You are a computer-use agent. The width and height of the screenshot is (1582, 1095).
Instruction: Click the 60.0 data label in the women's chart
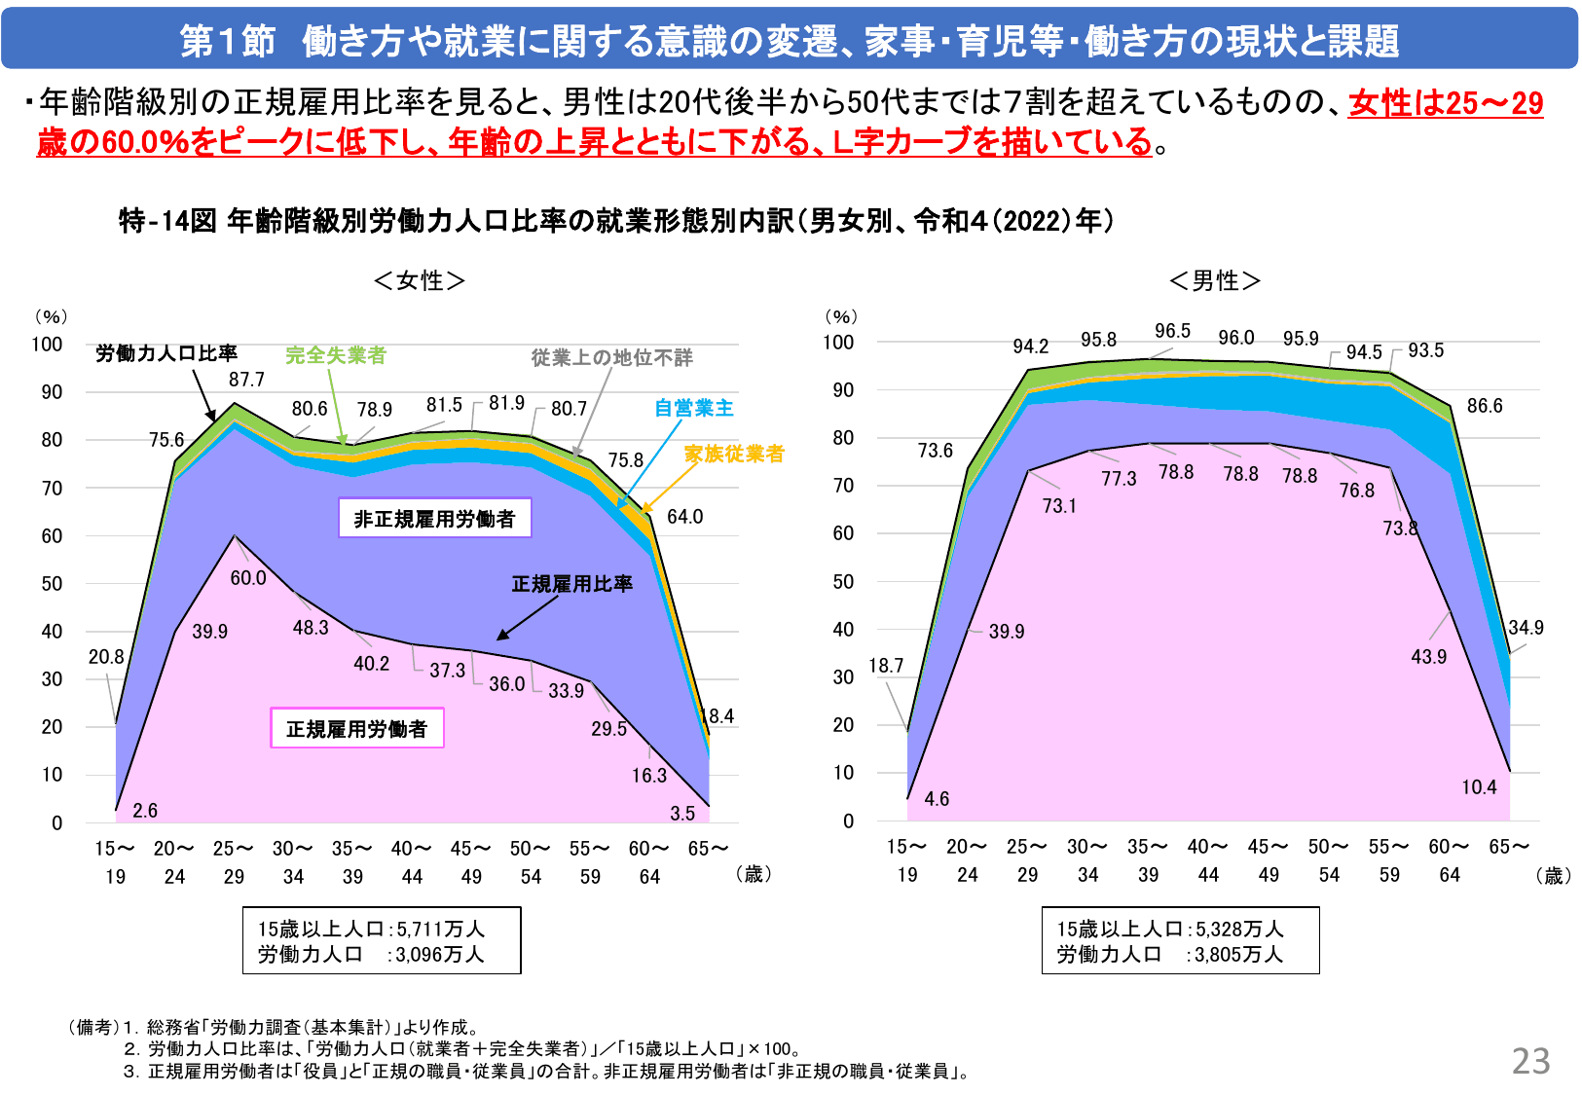point(248,578)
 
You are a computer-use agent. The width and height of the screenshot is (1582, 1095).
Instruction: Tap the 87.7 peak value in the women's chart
point(246,380)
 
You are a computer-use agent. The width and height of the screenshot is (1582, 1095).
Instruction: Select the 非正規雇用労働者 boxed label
point(434,519)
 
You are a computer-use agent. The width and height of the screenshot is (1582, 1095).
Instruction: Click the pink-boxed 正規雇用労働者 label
point(356,729)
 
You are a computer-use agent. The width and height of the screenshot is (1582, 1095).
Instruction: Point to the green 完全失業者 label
point(335,355)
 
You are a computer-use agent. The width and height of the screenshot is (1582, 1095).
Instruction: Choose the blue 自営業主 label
point(693,408)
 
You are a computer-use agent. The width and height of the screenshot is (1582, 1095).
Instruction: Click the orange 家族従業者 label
point(733,454)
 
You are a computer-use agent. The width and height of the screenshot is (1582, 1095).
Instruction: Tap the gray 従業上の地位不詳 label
point(611,357)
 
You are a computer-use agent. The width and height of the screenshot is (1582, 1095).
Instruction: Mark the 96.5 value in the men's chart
point(1172,331)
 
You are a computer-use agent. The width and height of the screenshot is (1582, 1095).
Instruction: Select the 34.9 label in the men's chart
point(1526,628)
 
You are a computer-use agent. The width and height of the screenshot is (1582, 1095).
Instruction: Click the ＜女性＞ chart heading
point(420,280)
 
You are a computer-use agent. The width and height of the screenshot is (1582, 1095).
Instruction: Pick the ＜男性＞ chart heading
point(1215,280)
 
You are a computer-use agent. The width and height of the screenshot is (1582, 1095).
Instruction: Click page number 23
point(1530,1061)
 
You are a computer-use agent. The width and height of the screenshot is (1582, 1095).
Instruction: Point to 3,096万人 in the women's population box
point(439,955)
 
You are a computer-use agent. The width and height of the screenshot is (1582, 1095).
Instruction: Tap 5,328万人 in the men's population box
point(1239,930)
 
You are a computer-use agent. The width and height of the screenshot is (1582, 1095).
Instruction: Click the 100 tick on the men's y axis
point(838,343)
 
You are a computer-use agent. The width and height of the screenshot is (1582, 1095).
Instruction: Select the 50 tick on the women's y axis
point(52,584)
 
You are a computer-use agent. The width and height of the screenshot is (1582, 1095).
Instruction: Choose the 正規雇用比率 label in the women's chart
point(571,584)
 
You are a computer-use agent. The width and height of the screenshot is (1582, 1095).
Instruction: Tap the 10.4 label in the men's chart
point(1479,787)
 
